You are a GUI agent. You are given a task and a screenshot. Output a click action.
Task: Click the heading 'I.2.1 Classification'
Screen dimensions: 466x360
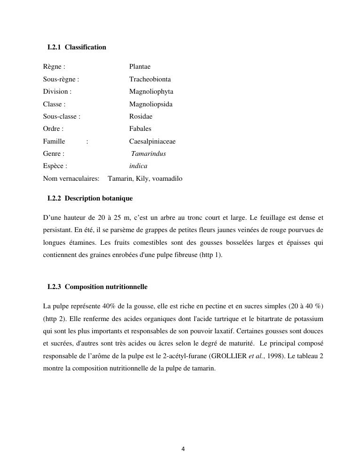(x=77, y=47)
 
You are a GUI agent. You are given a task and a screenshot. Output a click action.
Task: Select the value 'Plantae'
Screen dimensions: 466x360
(x=140, y=67)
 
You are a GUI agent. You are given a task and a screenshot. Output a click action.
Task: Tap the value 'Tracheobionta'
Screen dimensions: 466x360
(x=150, y=79)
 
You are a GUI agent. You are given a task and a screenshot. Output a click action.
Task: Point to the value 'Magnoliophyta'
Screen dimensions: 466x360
(x=151, y=91)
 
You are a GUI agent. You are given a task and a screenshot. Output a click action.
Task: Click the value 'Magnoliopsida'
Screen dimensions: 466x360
(x=151, y=104)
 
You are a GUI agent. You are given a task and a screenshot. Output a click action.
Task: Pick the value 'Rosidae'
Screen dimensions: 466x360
(x=141, y=116)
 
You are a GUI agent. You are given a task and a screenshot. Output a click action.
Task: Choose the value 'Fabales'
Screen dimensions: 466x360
(x=140, y=129)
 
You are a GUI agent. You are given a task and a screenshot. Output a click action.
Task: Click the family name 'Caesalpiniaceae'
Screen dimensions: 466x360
(x=152, y=141)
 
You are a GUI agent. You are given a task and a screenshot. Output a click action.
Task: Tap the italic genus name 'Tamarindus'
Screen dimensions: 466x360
(x=148, y=153)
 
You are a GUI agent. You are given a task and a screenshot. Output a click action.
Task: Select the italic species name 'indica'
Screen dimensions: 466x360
(x=138, y=166)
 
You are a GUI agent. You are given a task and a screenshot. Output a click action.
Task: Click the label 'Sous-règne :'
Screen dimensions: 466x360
(x=61, y=79)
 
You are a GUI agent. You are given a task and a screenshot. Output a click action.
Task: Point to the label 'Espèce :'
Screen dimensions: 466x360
(x=55, y=166)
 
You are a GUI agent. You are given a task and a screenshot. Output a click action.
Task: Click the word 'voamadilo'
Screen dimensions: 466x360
(x=167, y=178)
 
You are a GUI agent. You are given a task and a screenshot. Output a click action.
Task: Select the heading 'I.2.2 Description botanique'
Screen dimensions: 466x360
(x=90, y=198)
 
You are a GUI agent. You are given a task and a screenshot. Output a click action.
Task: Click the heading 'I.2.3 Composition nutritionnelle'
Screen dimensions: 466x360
(x=97, y=287)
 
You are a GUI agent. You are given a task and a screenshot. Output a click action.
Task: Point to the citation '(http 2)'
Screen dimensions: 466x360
(x=53, y=319)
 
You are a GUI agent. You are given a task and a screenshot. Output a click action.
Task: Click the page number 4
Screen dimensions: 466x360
(x=183, y=449)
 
